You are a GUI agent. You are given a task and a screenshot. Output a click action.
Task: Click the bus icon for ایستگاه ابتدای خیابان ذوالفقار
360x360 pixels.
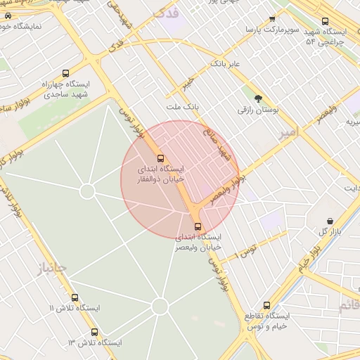(160, 158)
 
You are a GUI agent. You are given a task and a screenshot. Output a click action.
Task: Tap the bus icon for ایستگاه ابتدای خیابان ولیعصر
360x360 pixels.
(198, 226)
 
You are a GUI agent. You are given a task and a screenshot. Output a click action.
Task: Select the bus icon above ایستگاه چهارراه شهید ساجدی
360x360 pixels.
(66, 72)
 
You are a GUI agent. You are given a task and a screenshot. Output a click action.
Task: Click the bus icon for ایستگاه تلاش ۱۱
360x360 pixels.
(75, 297)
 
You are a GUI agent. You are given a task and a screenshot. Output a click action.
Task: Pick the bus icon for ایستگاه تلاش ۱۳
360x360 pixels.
(94, 332)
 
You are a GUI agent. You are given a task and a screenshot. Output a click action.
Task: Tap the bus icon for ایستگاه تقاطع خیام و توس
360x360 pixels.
(266, 305)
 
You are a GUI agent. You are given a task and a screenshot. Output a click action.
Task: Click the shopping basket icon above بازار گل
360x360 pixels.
(330, 221)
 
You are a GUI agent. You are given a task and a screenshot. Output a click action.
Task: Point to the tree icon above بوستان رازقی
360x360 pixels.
(258, 98)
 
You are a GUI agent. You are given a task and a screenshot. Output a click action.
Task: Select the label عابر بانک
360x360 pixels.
(225, 64)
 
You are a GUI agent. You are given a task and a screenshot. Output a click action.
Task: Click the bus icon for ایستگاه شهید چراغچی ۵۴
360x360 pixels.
(324, 22)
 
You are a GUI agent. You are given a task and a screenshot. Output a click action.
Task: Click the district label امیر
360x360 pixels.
(288, 132)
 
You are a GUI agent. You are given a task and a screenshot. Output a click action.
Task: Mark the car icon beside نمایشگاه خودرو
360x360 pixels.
(8, 15)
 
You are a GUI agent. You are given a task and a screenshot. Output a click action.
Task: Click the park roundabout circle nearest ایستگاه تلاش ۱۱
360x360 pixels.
(160, 306)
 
